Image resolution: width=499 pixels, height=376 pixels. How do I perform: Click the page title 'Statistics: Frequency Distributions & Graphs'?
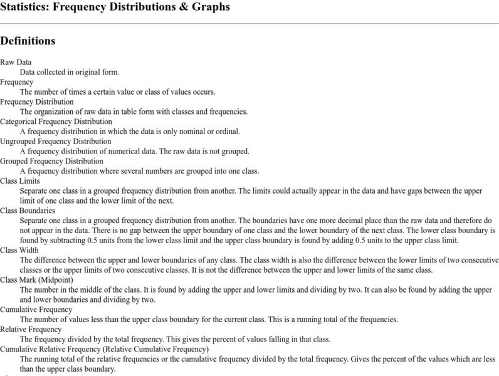point(115,8)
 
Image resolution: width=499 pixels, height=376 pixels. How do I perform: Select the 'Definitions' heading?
point(28,41)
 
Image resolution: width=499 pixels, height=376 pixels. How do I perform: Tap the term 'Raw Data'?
point(16,62)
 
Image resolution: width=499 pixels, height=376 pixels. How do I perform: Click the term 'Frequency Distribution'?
point(37,102)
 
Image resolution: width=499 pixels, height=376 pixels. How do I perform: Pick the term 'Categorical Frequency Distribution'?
point(56,121)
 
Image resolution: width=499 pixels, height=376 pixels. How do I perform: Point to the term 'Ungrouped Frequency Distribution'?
point(56,141)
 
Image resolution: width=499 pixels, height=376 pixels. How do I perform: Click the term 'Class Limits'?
point(20,180)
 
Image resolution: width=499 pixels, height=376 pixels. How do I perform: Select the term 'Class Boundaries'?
point(28,211)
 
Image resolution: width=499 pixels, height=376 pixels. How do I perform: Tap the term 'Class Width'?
point(19,250)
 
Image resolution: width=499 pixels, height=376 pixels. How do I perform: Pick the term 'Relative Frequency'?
point(31,329)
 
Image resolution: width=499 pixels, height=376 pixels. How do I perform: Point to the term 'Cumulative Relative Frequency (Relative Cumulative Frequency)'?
point(104,349)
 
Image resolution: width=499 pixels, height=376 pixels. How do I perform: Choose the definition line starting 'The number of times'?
point(117,91)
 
